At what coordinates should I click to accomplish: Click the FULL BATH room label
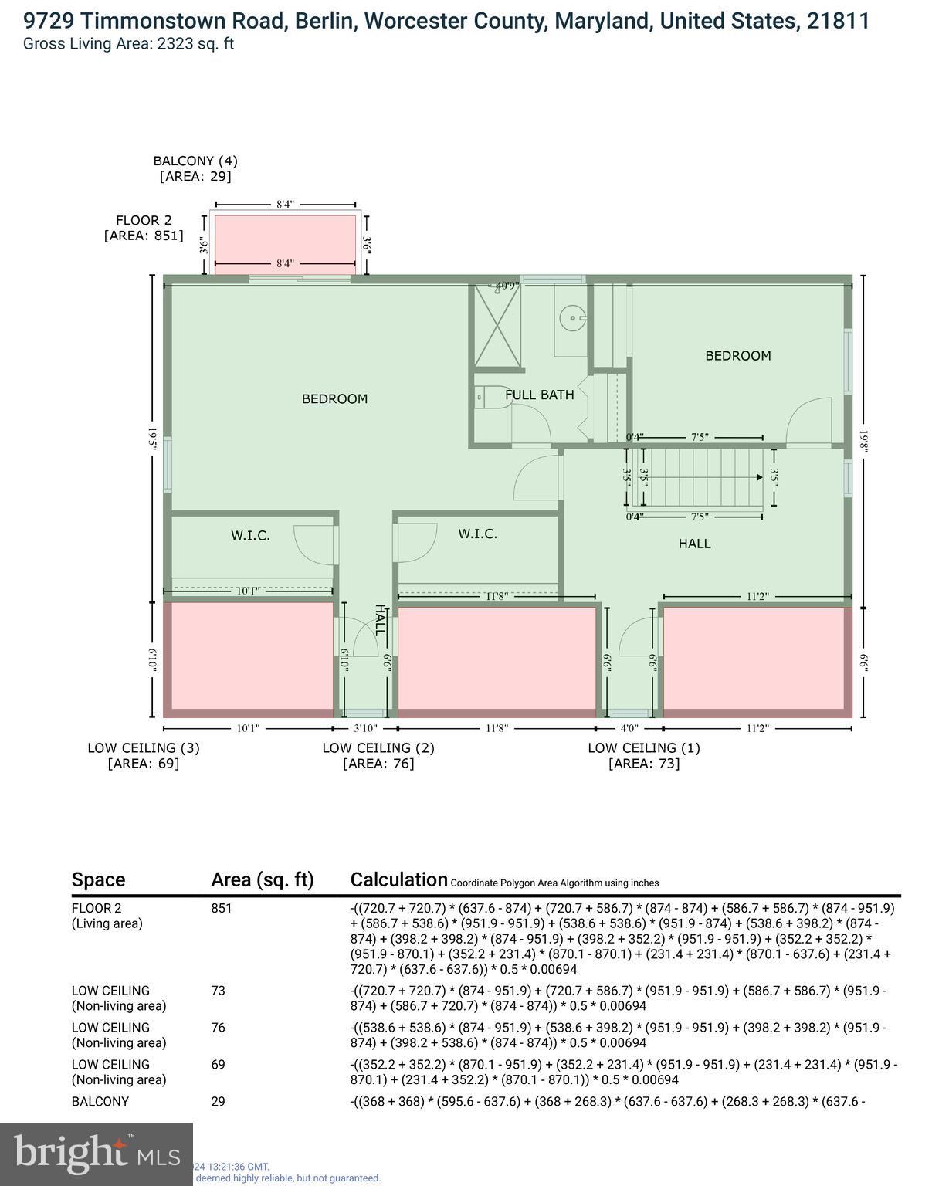539,395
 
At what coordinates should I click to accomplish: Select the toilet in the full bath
490,397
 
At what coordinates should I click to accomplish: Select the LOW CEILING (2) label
378,755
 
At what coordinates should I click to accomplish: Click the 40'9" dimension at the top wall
507,286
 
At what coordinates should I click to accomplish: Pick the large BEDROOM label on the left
334,398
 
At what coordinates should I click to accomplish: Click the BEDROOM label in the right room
737,356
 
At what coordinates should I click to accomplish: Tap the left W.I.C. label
250,535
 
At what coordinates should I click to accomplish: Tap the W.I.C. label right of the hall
477,534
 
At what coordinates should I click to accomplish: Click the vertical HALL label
379,620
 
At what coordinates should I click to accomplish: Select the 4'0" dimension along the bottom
629,728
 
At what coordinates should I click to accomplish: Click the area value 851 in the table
222,908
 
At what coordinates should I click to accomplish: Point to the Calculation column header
398,879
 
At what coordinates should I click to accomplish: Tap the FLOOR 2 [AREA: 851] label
144,228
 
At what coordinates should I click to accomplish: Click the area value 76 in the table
219,1028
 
